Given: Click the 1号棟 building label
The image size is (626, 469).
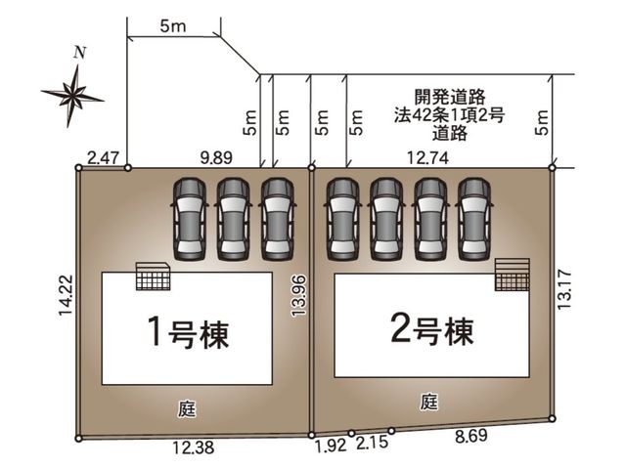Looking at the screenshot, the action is tap(189, 331).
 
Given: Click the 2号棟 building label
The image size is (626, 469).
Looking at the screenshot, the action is tap(432, 330).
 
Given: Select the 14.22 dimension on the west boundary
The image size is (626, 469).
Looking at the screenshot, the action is tap(66, 295).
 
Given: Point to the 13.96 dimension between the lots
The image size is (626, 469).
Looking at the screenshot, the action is tap(298, 295).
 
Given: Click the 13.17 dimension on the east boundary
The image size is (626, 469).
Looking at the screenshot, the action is tap(565, 289).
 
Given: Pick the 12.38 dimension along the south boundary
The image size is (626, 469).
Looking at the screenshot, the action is tap(194, 448).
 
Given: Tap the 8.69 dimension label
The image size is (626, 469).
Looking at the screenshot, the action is tap(471, 436).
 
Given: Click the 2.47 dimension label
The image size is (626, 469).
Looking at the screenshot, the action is tap(103, 158).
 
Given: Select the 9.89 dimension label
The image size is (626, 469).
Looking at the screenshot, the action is tap(216, 158).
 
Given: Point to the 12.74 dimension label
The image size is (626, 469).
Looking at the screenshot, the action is tap(427, 158).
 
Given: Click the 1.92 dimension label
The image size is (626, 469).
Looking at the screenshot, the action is tap(332, 446).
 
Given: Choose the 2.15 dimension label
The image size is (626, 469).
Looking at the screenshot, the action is tap(372, 443).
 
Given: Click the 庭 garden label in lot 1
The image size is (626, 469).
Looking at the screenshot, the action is tap(187, 409).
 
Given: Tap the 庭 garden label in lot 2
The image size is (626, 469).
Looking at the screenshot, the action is tap(429, 402).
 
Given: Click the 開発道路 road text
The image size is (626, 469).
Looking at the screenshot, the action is tap(450, 97).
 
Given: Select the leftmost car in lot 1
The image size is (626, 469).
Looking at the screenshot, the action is tap(189, 219).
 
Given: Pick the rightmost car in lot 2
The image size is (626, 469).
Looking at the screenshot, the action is tap(473, 219).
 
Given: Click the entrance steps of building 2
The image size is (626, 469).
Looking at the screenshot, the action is tap(513, 275).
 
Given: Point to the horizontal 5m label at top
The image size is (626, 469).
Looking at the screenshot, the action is tap(173, 26).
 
